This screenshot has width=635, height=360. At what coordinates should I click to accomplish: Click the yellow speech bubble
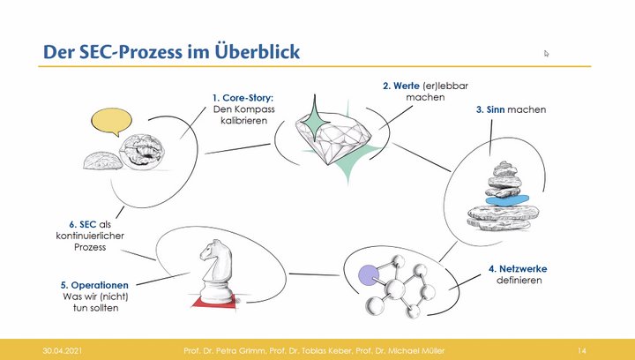click(x=111, y=122)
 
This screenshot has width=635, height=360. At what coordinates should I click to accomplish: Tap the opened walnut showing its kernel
click(x=142, y=152)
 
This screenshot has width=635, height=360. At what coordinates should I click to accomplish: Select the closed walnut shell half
click(x=103, y=161)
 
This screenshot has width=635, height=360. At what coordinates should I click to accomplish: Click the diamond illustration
click(x=333, y=137)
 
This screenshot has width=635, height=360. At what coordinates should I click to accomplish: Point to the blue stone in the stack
click(x=507, y=199)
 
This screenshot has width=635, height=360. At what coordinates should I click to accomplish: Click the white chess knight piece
click(x=216, y=271)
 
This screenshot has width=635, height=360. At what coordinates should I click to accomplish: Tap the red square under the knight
click(x=214, y=302)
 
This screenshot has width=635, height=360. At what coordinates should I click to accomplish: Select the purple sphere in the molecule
click(x=369, y=275)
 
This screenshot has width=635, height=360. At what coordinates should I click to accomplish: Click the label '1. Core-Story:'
click(x=243, y=98)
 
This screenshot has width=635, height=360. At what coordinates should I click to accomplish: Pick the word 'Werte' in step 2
click(x=407, y=86)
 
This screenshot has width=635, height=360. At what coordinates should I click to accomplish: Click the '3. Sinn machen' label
click(x=511, y=109)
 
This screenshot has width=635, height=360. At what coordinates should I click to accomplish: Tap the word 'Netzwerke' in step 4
click(x=523, y=269)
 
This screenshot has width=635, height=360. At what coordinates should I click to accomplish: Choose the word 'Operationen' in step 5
click(x=100, y=285)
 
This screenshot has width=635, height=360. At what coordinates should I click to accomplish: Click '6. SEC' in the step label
click(x=83, y=224)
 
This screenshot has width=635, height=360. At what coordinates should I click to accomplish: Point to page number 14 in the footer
click(x=582, y=350)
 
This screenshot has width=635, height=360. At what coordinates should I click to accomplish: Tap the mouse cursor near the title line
click(x=546, y=54)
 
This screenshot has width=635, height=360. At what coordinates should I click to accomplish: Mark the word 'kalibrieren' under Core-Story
click(x=243, y=121)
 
